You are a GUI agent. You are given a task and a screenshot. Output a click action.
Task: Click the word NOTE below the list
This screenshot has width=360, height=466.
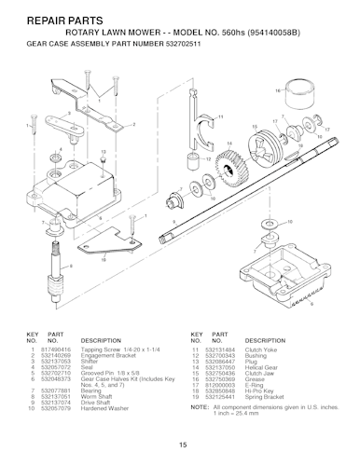click(x=200, y=385)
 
